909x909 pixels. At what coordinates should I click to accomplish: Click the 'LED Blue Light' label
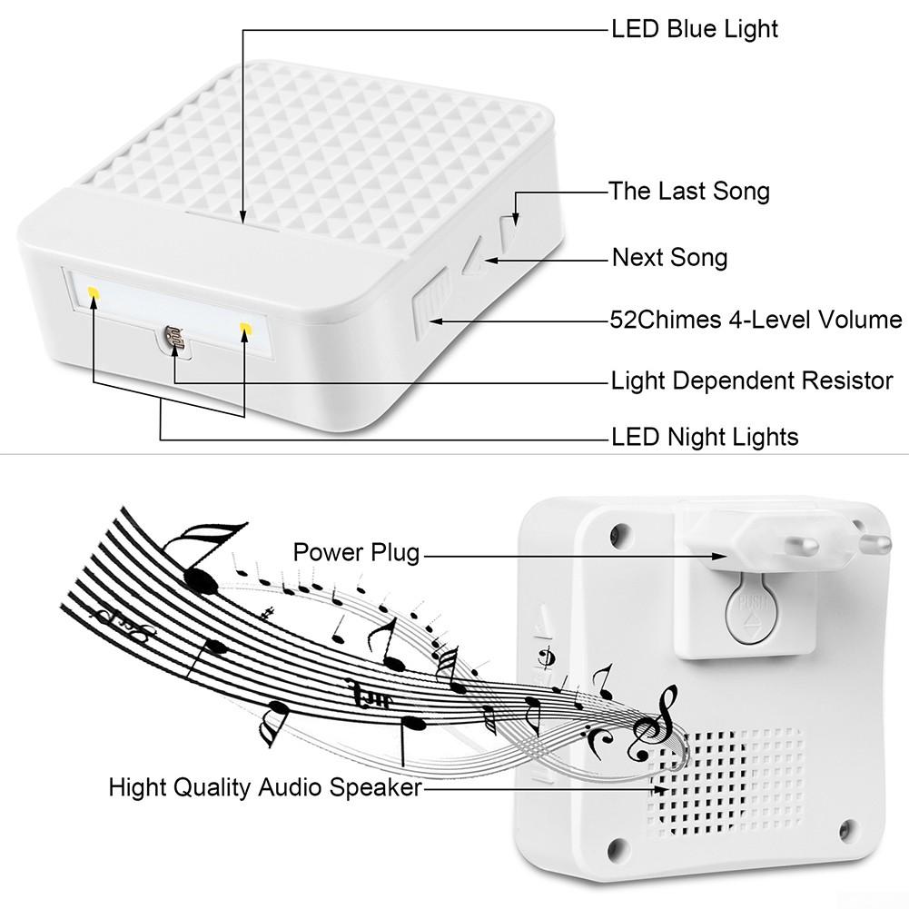[x=695, y=29]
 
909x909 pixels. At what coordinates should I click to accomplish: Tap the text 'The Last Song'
[x=689, y=191]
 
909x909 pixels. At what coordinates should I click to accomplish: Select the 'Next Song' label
[x=669, y=258]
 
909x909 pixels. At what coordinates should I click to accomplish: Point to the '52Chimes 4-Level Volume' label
[x=756, y=320]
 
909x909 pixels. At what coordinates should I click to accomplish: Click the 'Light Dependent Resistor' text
[x=752, y=380]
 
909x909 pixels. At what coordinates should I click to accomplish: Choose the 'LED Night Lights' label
[x=705, y=437]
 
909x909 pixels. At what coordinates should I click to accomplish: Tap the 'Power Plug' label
[x=356, y=551]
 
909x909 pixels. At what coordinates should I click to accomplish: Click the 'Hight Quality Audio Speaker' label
[x=265, y=785]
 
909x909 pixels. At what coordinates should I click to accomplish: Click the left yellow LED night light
[x=93, y=292]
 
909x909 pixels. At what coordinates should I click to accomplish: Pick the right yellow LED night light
[x=244, y=326]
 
